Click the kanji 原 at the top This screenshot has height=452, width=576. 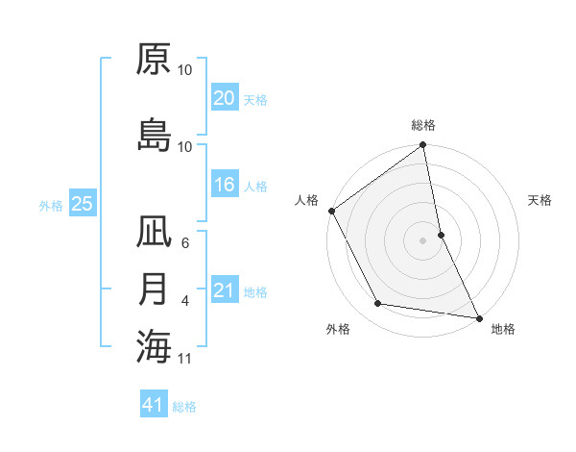[x=154, y=60]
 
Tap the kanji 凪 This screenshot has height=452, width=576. [x=154, y=234]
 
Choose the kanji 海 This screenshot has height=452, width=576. [x=154, y=345]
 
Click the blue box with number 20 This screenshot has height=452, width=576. [x=224, y=98]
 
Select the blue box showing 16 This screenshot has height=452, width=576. [x=224, y=185]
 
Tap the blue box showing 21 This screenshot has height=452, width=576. [x=224, y=290]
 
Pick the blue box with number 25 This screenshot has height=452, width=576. [x=82, y=204]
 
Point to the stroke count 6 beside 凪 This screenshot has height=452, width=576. [x=185, y=244]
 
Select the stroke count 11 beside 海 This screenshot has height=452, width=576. [x=185, y=359]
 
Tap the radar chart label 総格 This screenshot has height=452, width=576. [x=423, y=126]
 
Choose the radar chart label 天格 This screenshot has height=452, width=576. [x=540, y=200]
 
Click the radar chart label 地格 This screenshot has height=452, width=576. [x=503, y=330]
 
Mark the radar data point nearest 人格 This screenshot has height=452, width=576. [x=331, y=211]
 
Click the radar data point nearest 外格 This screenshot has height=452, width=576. [x=378, y=304]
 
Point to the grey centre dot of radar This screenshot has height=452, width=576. [x=423, y=239]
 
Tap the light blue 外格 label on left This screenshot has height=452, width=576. [x=51, y=205]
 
